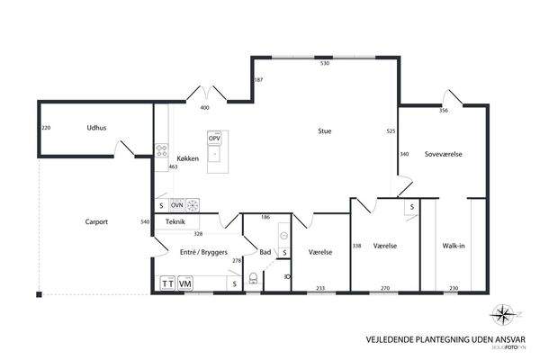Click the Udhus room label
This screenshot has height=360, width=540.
click(x=97, y=128)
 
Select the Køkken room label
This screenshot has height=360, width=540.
click(x=188, y=158)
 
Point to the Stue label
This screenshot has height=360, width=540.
click(x=324, y=131)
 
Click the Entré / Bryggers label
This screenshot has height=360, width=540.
click(x=202, y=253)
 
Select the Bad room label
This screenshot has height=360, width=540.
click(x=265, y=253)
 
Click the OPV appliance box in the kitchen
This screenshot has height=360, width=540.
click(x=214, y=139)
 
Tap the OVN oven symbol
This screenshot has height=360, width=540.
click(x=176, y=204)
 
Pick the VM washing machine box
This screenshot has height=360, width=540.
click(x=185, y=283)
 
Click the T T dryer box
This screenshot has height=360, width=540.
click(x=167, y=283)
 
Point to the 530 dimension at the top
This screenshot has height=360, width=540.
click(x=325, y=64)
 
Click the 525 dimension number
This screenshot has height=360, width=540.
click(x=391, y=131)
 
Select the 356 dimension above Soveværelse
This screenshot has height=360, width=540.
click(x=444, y=111)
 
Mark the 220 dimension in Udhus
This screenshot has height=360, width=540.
click(x=46, y=128)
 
